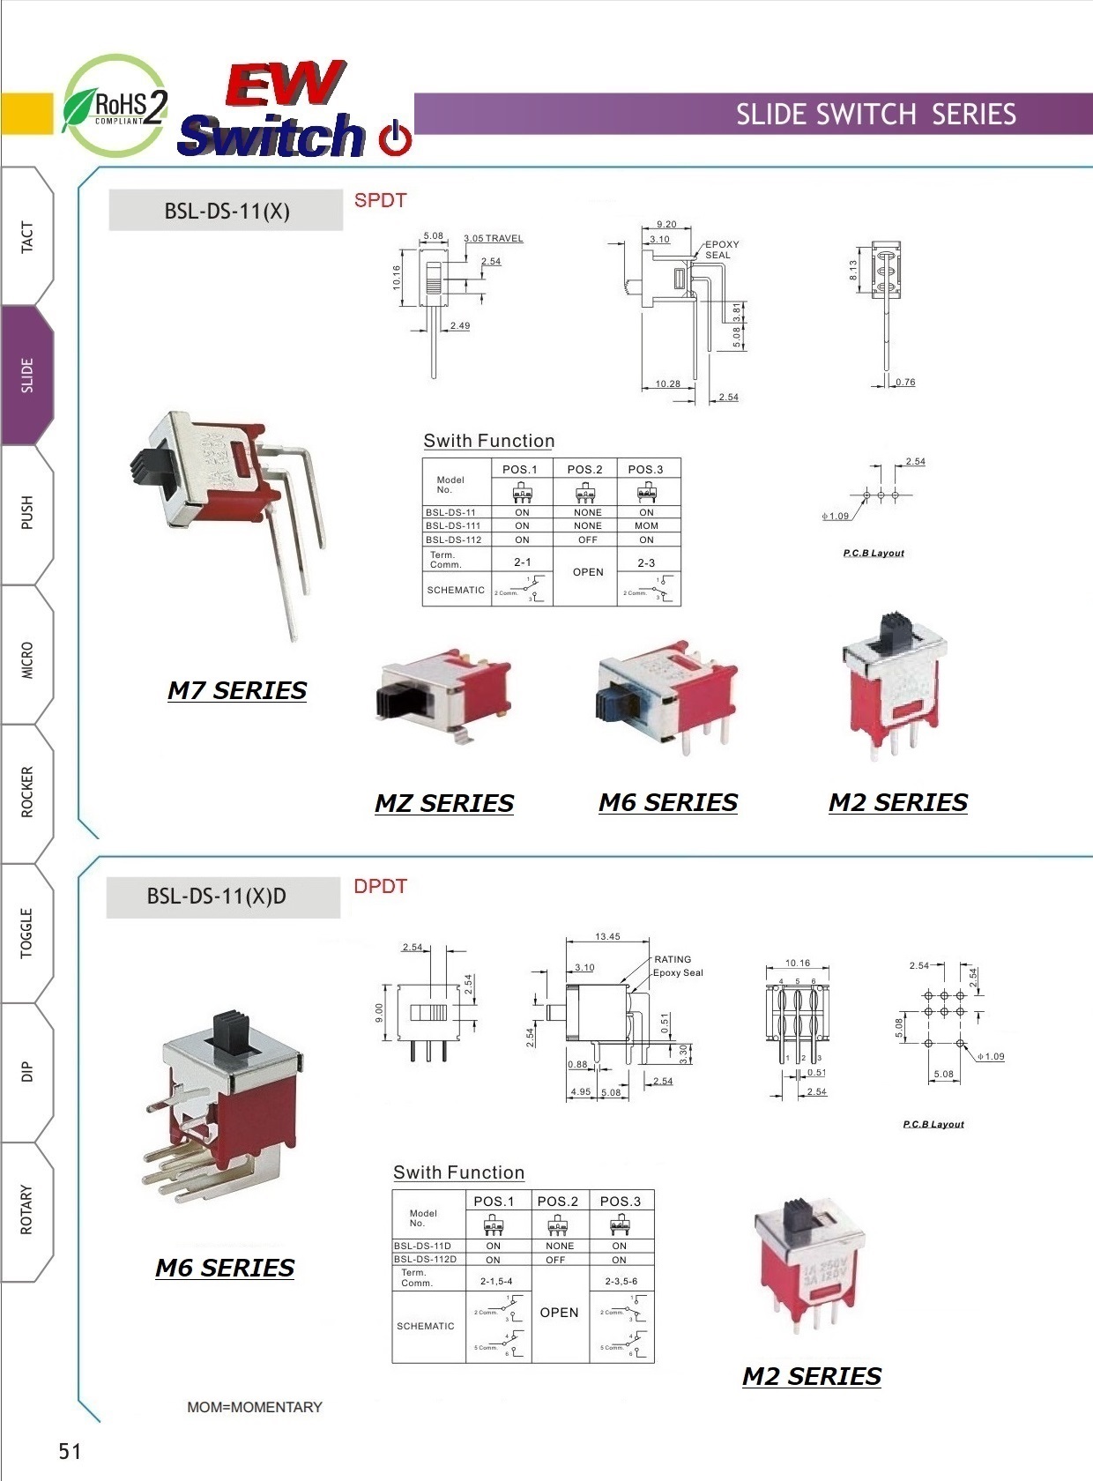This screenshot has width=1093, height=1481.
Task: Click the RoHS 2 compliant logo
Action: click(115, 106)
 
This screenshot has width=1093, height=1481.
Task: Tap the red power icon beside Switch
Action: click(395, 138)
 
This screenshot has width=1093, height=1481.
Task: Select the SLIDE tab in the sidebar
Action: click(27, 376)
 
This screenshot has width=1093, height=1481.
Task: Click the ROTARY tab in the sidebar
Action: click(27, 1209)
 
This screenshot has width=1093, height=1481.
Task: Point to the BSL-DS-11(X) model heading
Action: click(227, 211)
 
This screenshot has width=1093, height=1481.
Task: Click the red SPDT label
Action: click(380, 200)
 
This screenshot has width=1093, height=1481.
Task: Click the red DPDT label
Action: click(380, 886)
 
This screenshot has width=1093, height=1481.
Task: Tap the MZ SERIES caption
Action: click(444, 803)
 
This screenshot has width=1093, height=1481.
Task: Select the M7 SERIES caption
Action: click(237, 690)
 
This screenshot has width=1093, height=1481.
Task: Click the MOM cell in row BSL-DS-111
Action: click(646, 525)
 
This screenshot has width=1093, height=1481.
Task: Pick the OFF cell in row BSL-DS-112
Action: click(588, 540)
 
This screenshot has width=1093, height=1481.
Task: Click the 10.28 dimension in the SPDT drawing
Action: click(667, 383)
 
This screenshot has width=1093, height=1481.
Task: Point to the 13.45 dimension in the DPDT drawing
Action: click(607, 936)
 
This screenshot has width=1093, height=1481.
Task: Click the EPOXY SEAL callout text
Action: click(721, 249)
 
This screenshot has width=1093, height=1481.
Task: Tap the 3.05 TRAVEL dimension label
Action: click(494, 238)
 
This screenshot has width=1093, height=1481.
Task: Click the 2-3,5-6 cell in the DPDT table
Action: click(621, 1281)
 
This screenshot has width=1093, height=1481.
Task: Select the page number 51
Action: click(70, 1451)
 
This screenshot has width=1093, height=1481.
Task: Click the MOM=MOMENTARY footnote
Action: click(255, 1407)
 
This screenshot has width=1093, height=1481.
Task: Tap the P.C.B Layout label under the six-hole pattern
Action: click(933, 1124)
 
